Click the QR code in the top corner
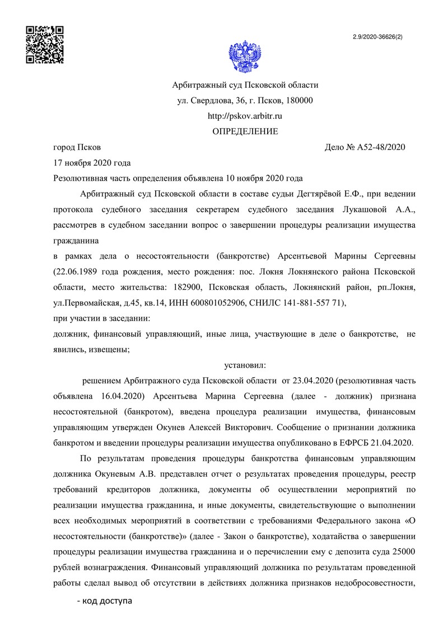click(x=45, y=45)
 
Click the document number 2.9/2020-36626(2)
click(x=378, y=37)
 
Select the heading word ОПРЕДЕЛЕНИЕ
click(x=245, y=132)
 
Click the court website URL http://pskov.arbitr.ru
click(x=245, y=116)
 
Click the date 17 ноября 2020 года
click(x=91, y=163)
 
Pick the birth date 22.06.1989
click(x=73, y=271)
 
